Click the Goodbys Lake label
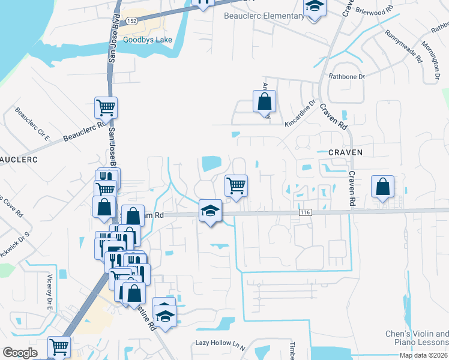click(148, 40)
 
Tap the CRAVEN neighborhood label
click(345, 152)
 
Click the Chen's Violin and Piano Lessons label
click(417, 338)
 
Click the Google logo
click(20, 353)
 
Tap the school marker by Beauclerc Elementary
click(313, 8)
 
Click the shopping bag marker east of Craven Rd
click(382, 187)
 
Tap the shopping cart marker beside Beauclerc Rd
click(106, 108)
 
